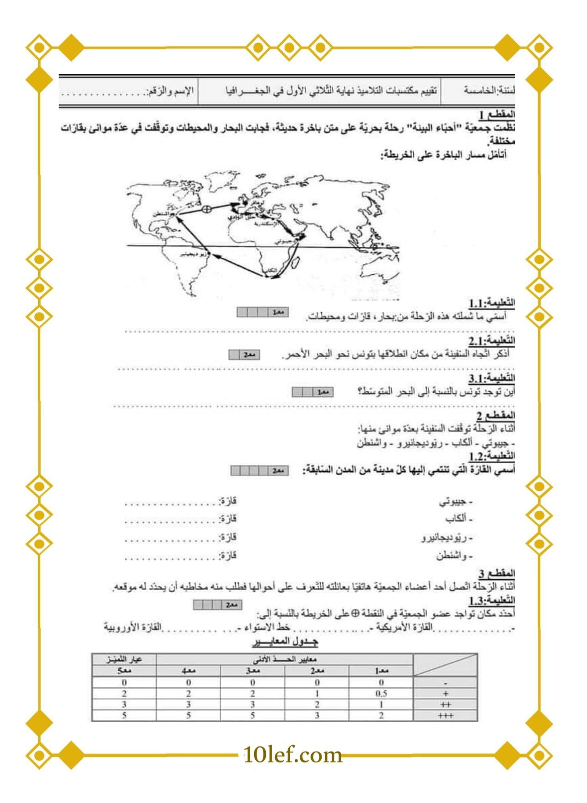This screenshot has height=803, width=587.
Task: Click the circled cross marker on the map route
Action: point(206,208)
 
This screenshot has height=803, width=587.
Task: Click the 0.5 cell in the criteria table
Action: point(381,693)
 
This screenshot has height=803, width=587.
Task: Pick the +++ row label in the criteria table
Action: point(446,715)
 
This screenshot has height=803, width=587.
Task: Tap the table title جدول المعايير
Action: point(285,642)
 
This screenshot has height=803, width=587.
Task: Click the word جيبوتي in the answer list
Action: point(456,501)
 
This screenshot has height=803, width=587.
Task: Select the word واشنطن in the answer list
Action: point(454,556)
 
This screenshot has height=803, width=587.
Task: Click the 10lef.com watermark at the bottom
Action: point(293,755)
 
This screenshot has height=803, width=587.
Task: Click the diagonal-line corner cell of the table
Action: point(446,664)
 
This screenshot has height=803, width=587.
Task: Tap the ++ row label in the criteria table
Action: point(446,704)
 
